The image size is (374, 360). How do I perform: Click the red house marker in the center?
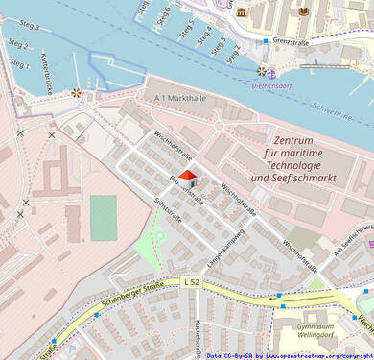click(x=187, y=178)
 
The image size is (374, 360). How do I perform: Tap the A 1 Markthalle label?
click(x=179, y=98)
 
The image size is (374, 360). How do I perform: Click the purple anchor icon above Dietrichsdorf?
click(x=271, y=72)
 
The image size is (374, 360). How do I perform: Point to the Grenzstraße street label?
click(x=295, y=42)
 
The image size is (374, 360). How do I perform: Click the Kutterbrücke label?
click(x=46, y=72)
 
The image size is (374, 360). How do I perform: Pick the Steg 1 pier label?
click(x=19, y=63)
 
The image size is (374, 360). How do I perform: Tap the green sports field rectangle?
click(x=104, y=218)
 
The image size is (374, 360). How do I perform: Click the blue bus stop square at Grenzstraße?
click(x=267, y=42)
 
